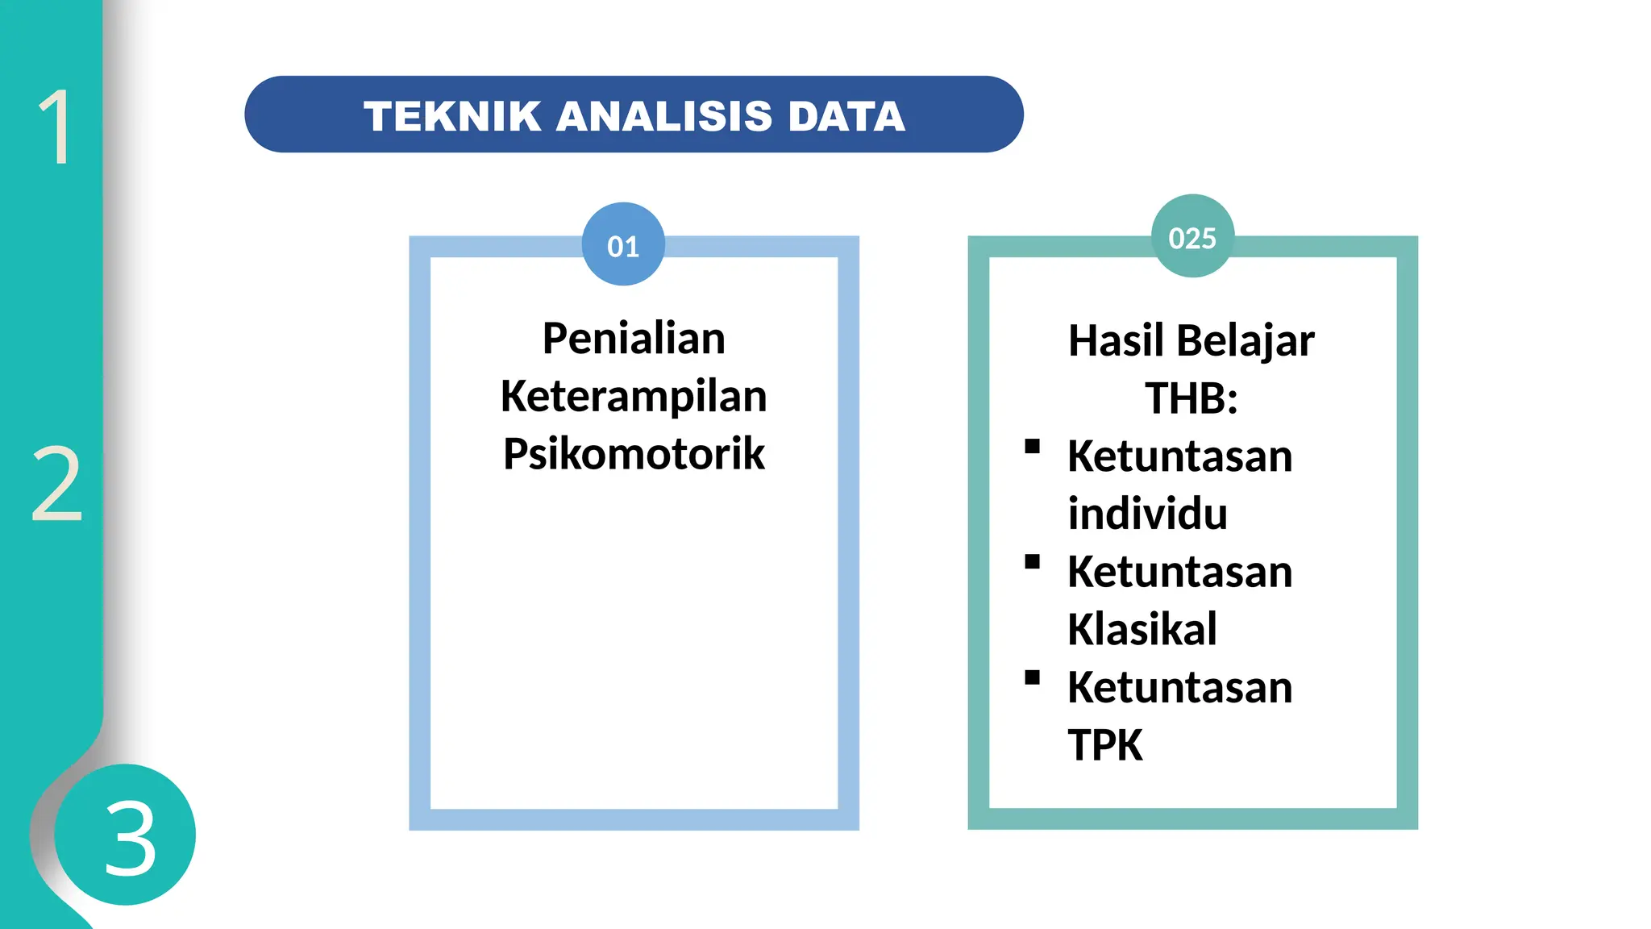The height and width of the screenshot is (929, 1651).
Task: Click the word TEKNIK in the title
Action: [451, 116]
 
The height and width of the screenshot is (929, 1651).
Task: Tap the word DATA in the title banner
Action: [846, 116]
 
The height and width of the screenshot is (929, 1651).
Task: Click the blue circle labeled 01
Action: [623, 244]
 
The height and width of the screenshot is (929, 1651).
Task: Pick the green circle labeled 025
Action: [1192, 236]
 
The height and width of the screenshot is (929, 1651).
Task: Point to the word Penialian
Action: [634, 338]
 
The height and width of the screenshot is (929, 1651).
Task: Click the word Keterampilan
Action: [634, 396]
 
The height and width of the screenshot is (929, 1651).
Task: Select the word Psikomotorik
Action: [634, 453]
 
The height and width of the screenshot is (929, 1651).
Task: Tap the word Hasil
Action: [1117, 340]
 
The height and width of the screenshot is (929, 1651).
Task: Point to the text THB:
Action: [1191, 398]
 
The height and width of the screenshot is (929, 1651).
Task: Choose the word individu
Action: [1147, 514]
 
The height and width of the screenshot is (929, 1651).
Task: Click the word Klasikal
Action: [1142, 629]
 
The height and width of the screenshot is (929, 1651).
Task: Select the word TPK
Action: [1105, 745]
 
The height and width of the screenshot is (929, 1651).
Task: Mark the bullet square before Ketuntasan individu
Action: [1032, 447]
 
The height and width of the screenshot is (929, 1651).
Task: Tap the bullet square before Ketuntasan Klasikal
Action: [1032, 562]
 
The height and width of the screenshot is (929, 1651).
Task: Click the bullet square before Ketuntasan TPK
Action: [1032, 677]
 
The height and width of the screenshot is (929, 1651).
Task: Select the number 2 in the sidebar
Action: [56, 484]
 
